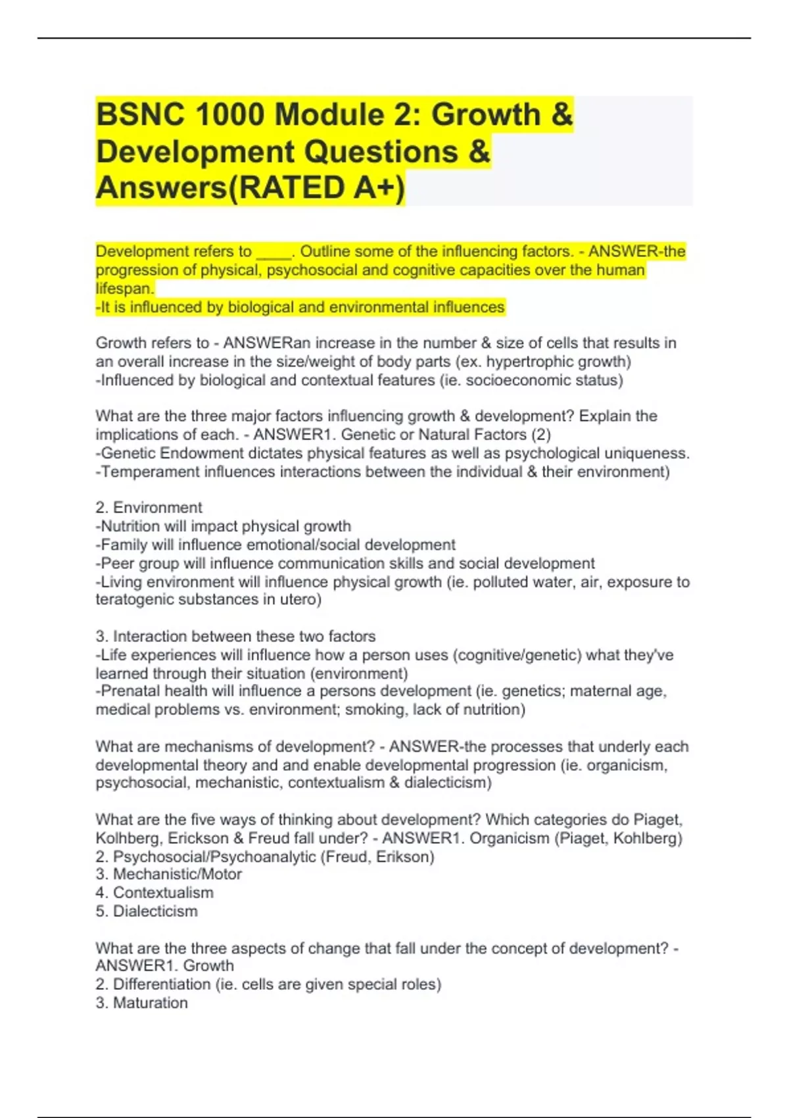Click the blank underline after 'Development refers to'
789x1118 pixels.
pyautogui.click(x=274, y=252)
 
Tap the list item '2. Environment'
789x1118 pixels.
pyautogui.click(x=149, y=508)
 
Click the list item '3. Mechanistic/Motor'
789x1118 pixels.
pyautogui.click(x=168, y=874)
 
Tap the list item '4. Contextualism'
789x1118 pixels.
pyautogui.click(x=155, y=892)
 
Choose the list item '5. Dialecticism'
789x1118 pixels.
pyautogui.click(x=146, y=911)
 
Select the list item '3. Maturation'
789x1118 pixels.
pyautogui.click(x=141, y=1003)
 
